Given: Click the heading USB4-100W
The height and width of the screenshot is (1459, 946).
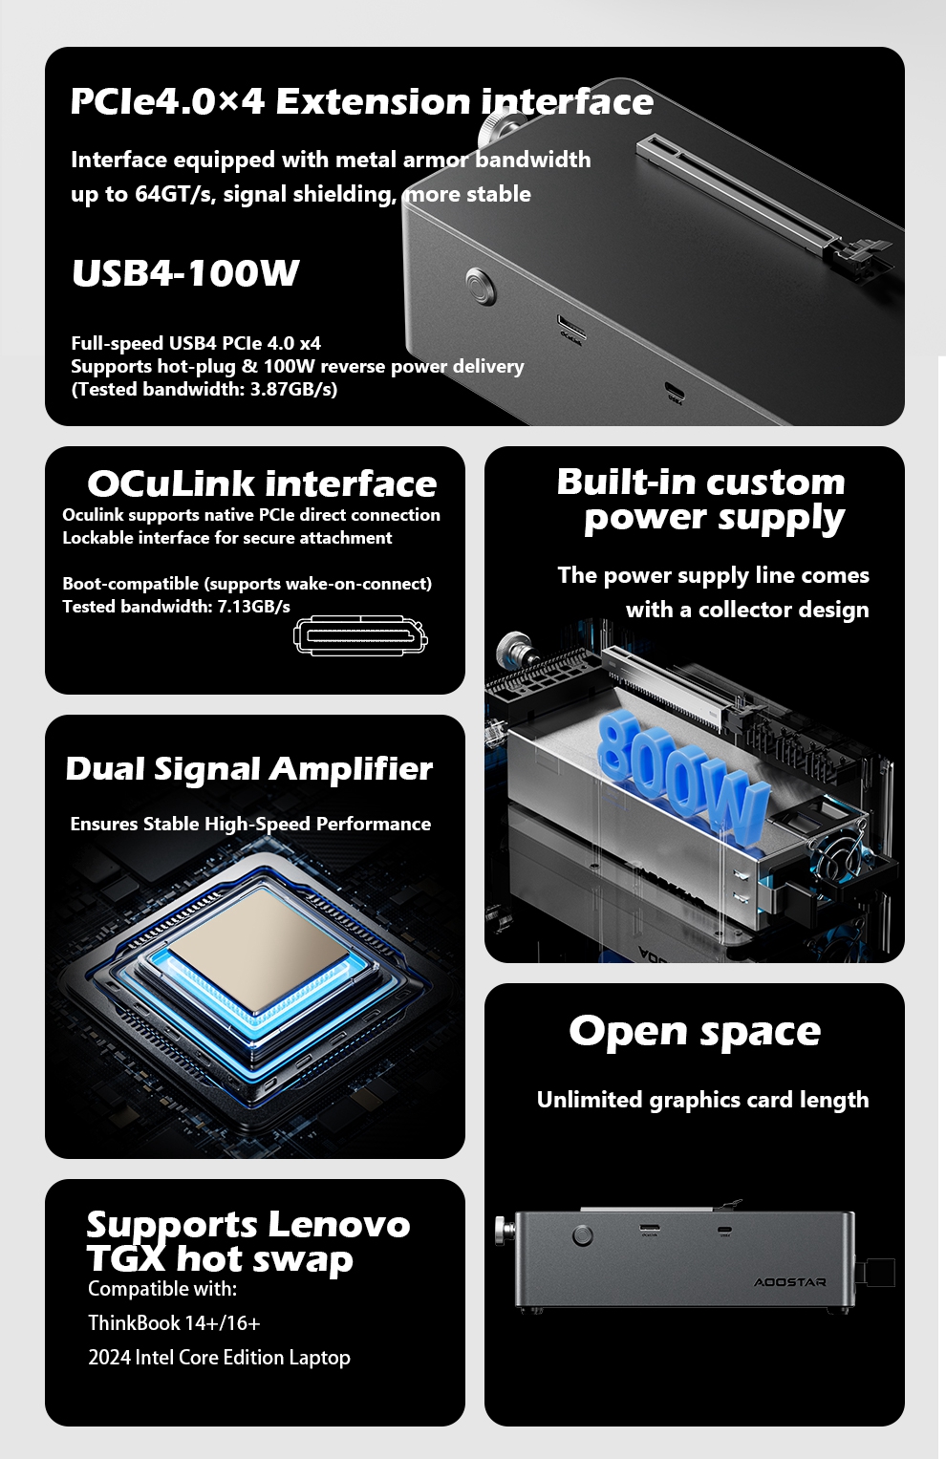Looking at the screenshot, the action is tap(185, 273).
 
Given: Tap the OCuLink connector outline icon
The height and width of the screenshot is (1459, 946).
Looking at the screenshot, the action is tap(360, 635).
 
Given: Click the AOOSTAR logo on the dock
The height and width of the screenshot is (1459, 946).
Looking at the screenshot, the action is tap(789, 1282).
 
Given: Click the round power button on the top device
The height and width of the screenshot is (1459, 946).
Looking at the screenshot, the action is tap(481, 287).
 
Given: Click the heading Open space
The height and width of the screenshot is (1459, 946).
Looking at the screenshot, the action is tap(695, 1032).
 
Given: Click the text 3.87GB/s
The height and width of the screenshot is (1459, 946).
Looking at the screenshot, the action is tap(293, 389).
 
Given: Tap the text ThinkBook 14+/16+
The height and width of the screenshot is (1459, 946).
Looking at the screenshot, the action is tap(174, 1323).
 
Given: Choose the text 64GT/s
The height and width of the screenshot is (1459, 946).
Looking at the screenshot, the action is tap(175, 193).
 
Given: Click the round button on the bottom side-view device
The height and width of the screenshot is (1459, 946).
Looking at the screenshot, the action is tap(583, 1235).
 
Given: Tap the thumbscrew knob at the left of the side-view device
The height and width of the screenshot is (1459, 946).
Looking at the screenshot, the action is tap(505, 1231).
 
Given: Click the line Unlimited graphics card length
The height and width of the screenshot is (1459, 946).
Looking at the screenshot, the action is tap(702, 1100).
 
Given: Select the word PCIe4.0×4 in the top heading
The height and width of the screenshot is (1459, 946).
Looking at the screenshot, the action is tap(167, 101).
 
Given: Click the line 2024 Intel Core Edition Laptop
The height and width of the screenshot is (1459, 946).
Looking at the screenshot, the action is tap(219, 1358).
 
